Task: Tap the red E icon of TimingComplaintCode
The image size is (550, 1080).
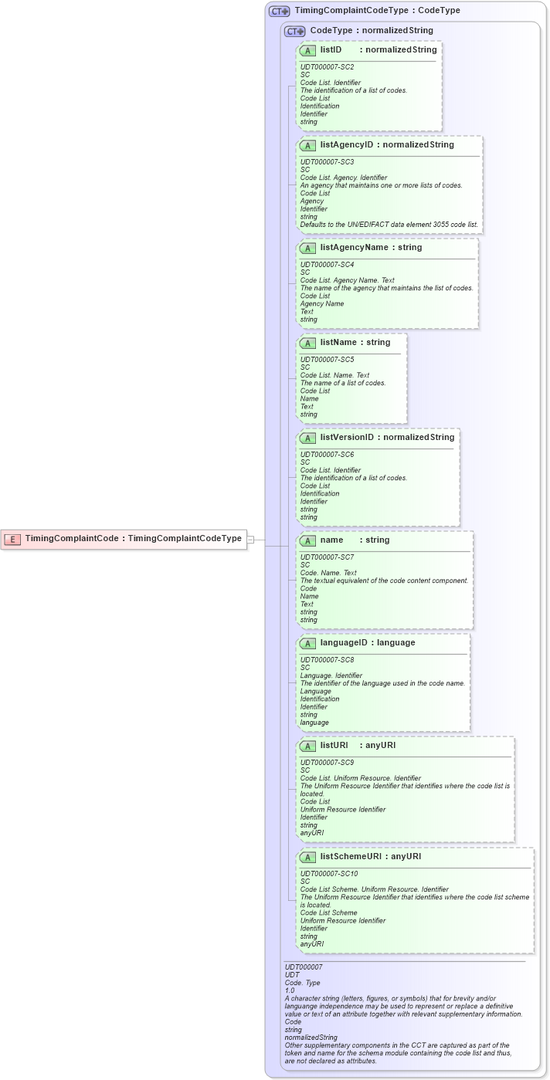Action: (x=12, y=539)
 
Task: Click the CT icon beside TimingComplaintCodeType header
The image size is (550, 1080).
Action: (x=279, y=12)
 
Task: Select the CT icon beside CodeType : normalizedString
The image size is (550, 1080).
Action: (x=294, y=31)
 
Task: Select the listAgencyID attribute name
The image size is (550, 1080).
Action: (x=347, y=144)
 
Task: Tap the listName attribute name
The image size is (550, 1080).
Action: (x=338, y=342)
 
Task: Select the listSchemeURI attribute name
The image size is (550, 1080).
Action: (x=351, y=856)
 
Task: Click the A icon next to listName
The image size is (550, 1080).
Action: (x=307, y=343)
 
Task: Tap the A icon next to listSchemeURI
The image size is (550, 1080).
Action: (x=307, y=857)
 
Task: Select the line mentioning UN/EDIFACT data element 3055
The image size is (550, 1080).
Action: (x=389, y=225)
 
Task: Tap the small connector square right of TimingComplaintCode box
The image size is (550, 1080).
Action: (x=250, y=540)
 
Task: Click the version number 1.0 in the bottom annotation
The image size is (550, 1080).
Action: (x=290, y=990)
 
